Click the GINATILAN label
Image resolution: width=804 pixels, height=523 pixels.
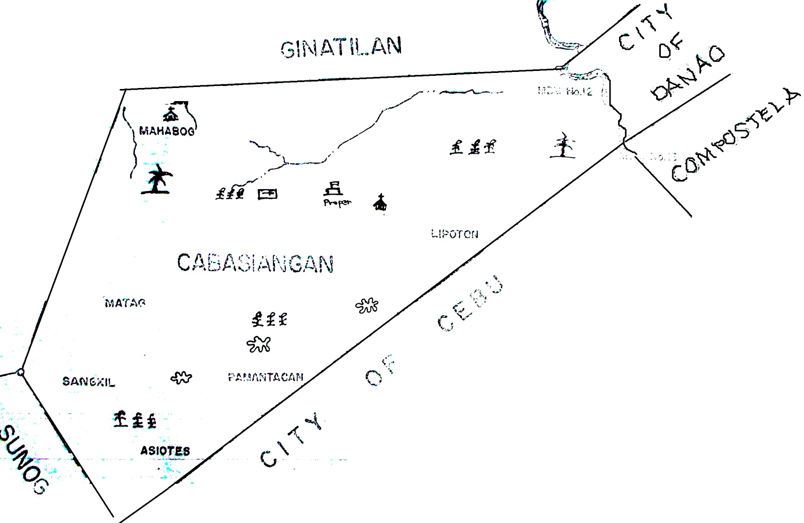pos(341,47)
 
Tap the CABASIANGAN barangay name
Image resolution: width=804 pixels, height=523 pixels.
pos(255,263)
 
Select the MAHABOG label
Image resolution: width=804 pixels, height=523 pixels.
pos(167,131)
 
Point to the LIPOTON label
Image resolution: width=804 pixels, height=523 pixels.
pos(455,234)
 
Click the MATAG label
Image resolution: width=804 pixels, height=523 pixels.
pos(125,303)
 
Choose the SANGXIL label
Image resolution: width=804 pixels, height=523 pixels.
pos(88,382)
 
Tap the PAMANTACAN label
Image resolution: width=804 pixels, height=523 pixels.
pos(265,377)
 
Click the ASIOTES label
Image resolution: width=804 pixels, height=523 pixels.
pos(165,451)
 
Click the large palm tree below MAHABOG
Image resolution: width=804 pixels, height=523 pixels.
pos(158,180)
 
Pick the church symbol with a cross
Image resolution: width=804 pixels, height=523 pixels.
pos(380,203)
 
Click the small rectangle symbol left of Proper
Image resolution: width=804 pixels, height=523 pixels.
pos(267,194)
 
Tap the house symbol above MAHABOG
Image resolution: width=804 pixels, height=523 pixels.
pos(171,114)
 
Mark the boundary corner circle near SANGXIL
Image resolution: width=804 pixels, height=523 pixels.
pos(20,372)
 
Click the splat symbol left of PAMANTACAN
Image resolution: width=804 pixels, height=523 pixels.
pos(181,377)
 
